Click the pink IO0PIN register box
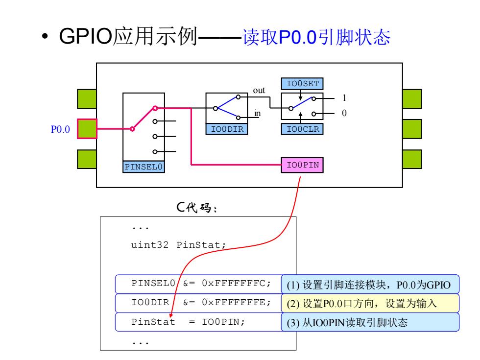[302, 165]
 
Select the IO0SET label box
[302, 84]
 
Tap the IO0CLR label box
[302, 129]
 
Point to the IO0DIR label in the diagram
[227, 129]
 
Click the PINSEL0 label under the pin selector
[144, 167]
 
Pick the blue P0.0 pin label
[60, 129]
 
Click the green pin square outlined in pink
[87, 129]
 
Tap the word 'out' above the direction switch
[259, 90]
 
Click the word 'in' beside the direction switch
[258, 113]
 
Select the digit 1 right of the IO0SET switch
[344, 98]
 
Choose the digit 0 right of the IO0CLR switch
[344, 113]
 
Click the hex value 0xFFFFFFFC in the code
[236, 284]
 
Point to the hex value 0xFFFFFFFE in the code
[236, 303]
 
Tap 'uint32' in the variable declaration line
[150, 245]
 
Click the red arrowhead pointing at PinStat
[171, 315]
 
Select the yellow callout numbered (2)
[370, 303]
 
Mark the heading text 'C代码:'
[196, 208]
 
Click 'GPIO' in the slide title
[86, 36]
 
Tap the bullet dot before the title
[45, 36]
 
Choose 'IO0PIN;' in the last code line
[223, 322]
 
